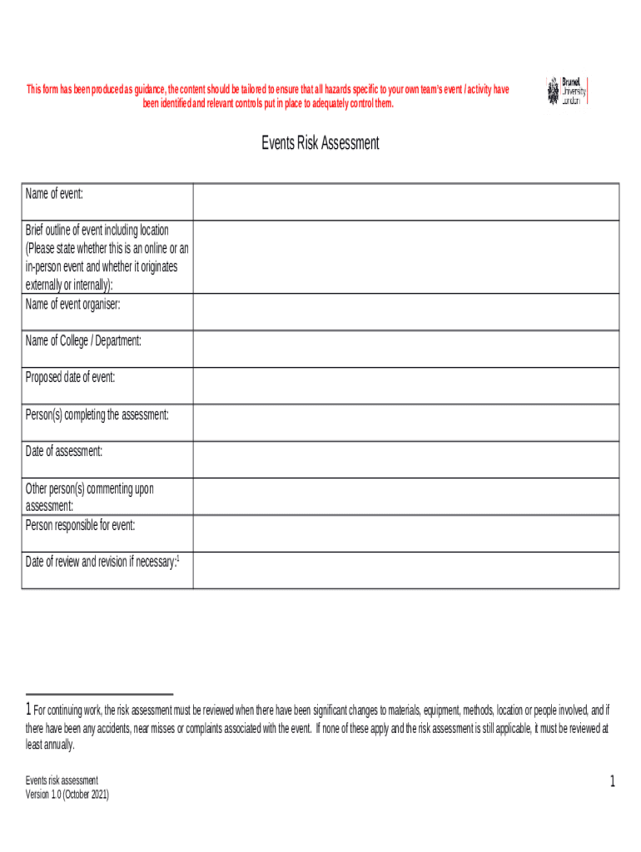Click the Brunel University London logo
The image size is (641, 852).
pos(566,91)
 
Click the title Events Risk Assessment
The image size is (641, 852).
pos(320,143)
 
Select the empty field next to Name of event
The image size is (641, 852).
pos(405,201)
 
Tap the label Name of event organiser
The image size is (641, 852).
pos(73,305)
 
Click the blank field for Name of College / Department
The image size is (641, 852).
pos(405,349)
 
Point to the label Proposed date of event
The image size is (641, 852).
pos(71,378)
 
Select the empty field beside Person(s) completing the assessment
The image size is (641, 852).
pos(405,423)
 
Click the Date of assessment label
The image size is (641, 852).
pos(64,451)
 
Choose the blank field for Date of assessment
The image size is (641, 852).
pos(405,459)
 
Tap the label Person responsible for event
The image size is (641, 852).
pos(80,525)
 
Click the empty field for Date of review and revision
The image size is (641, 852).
pos(405,570)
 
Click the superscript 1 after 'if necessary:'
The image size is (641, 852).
pos(179,560)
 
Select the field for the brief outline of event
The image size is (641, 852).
pos(405,256)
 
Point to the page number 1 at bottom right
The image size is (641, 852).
pos(612,781)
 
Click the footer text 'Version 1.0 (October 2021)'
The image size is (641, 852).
pos(67,795)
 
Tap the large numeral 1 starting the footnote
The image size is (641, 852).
pos(28,711)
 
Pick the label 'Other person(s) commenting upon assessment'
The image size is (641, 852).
pos(89,497)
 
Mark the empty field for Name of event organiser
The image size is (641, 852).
pos(405,312)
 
